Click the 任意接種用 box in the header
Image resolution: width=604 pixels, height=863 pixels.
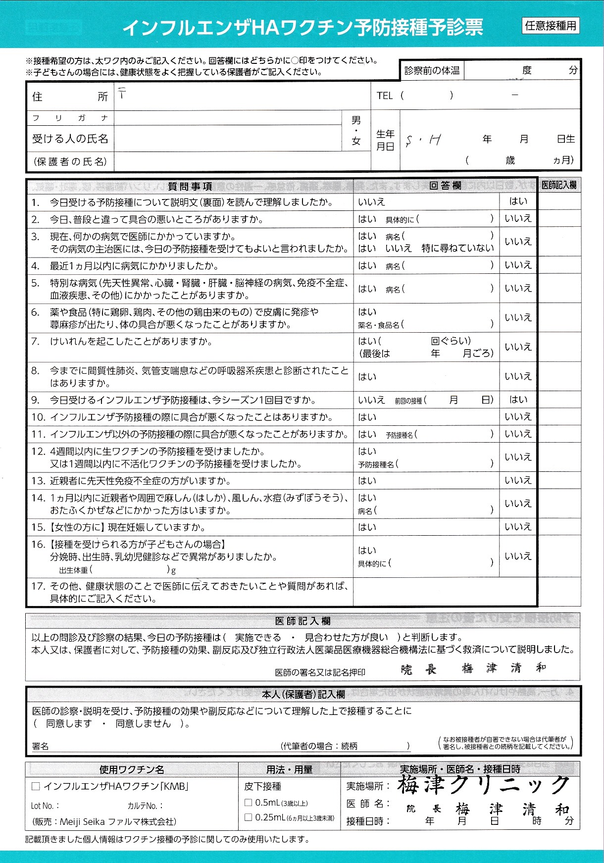tap(551, 26)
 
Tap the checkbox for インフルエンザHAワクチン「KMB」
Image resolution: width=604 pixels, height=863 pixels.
tap(35, 786)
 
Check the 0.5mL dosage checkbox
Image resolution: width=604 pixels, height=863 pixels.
tap(249, 802)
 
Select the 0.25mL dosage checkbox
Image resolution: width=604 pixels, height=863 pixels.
tap(249, 817)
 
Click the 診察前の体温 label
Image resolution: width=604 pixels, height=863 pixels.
tap(432, 71)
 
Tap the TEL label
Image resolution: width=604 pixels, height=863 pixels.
tap(384, 96)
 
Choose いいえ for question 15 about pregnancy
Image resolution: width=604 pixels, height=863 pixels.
tap(518, 527)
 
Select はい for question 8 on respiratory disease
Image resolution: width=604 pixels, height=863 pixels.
tap(367, 377)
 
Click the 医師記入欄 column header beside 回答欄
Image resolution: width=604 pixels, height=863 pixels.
tap(559, 185)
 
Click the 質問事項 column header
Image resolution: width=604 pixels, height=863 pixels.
tap(190, 186)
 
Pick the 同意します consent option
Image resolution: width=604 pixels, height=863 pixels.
tap(69, 723)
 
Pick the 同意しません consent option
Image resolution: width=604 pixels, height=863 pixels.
tap(143, 723)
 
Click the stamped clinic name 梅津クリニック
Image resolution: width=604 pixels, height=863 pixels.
tap(483, 785)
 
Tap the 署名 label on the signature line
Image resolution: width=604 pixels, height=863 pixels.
tap(40, 746)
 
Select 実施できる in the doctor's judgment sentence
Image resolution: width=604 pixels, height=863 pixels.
tap(258, 637)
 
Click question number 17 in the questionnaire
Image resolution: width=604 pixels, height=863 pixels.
tap(38, 586)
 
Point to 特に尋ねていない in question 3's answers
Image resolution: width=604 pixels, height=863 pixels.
tap(457, 248)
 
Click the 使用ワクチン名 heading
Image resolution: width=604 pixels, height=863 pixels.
tap(132, 769)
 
